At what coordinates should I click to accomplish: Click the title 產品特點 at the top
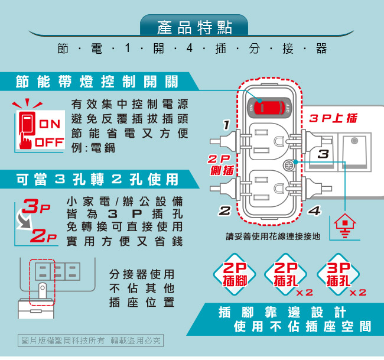194,27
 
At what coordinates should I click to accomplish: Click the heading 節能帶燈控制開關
96,82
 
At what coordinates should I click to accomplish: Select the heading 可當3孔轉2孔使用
97,179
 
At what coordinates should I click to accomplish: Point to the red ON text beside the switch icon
50,124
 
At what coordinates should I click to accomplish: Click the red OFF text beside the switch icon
49,142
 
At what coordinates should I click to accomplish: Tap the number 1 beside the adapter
226,125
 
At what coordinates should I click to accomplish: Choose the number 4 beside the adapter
314,210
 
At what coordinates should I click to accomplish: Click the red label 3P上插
333,118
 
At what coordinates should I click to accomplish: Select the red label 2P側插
221,165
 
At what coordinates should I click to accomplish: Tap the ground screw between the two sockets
289,166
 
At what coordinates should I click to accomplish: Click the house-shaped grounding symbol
345,226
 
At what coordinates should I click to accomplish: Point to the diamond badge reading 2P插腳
235,274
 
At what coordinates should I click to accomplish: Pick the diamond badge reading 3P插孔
338,274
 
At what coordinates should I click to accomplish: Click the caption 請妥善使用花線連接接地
273,236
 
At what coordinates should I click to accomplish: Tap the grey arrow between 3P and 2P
24,222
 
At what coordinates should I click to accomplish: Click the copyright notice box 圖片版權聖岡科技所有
90,340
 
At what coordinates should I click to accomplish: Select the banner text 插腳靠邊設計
282,312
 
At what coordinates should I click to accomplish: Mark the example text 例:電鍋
93,148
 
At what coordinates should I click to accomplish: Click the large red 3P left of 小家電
36,206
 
